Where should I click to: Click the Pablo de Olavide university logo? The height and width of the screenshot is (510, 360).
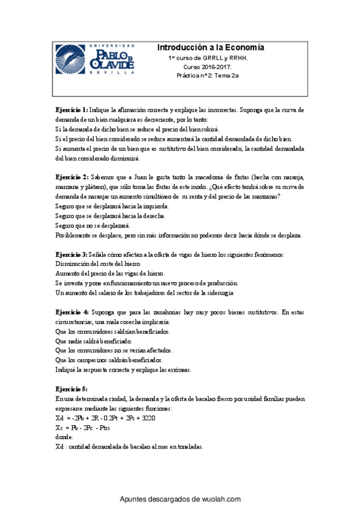click(96, 59)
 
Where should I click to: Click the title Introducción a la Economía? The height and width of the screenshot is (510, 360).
click(210, 48)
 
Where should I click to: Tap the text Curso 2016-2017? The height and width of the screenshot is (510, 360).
click(210, 67)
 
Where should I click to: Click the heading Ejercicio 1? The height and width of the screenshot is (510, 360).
click(72, 111)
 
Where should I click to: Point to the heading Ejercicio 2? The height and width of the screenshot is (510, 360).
click(72, 177)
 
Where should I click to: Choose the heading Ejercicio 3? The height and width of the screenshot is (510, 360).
click(72, 255)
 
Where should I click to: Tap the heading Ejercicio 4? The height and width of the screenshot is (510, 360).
click(72, 312)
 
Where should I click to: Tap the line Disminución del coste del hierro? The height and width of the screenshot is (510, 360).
click(98, 264)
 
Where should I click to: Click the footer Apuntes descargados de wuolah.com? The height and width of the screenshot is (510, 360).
click(180, 499)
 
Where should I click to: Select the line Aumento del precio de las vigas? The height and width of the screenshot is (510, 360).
click(101, 274)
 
